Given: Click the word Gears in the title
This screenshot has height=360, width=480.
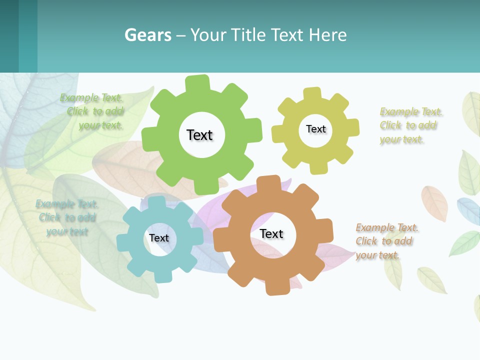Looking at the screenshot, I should pyautogui.click(x=147, y=35).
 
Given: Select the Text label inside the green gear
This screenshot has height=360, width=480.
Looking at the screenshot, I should pyautogui.click(x=199, y=135).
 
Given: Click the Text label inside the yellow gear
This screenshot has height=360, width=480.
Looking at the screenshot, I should pyautogui.click(x=315, y=129).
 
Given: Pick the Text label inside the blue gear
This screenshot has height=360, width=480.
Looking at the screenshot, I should pyautogui.click(x=159, y=238).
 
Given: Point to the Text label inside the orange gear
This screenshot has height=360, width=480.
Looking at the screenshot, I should pyautogui.click(x=271, y=233).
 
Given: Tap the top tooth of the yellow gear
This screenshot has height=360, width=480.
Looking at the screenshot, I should pyautogui.click(x=312, y=93).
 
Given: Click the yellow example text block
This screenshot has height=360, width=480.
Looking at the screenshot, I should pyautogui.click(x=410, y=125).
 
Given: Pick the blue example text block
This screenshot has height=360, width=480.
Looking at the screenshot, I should pyautogui.click(x=67, y=217).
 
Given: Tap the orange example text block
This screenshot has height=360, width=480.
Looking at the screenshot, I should pyautogui.click(x=386, y=241).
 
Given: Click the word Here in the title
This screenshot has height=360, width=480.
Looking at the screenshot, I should pyautogui.click(x=327, y=35).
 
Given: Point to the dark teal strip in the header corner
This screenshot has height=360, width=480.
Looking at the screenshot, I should pyautogui.click(x=9, y=36).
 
